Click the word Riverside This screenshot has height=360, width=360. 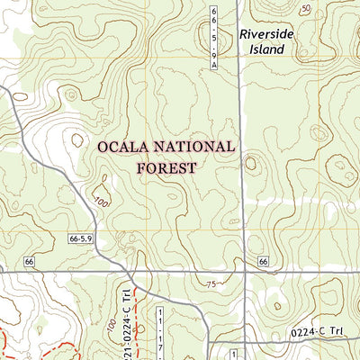coord(266,33)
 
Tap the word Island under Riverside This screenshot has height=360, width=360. coord(266,49)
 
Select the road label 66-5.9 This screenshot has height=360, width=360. coord(80,238)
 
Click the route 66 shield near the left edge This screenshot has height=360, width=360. coord(29,261)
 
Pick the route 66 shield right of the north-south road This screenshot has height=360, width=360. coord(262,261)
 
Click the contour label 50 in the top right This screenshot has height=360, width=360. coord(307,8)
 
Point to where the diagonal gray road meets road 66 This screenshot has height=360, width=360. coord(127,269)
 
